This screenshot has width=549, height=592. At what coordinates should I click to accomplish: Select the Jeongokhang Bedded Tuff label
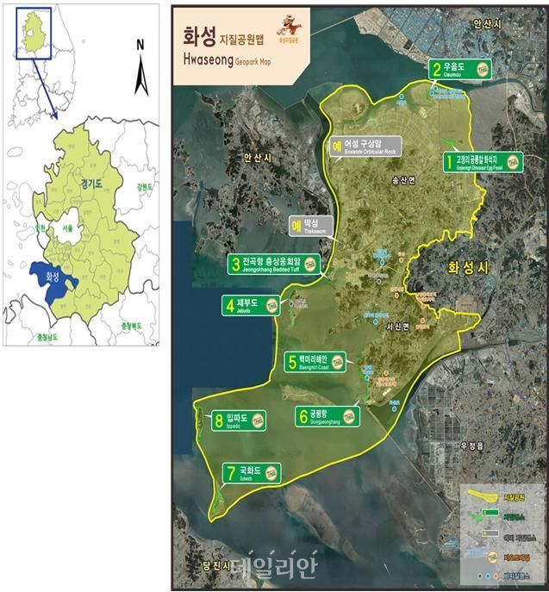pyautogui.click(x=275, y=264)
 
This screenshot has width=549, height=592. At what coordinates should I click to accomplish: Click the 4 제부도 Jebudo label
pyautogui.click(x=251, y=306)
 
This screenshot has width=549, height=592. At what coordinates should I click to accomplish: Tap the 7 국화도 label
pyautogui.click(x=253, y=472)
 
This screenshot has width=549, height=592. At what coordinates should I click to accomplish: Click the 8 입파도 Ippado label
pyautogui.click(x=240, y=421)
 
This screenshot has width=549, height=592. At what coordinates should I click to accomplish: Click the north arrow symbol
pyautogui.click(x=143, y=73)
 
